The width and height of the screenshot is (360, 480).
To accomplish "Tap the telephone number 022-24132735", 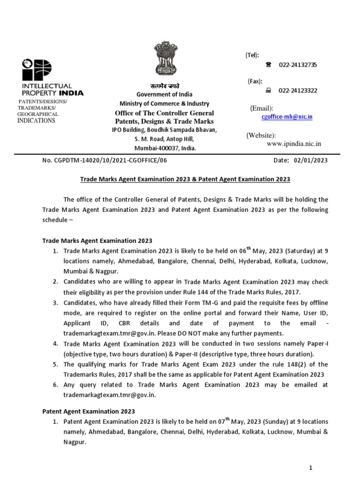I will [298, 65].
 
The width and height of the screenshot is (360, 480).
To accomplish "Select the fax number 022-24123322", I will [298, 90].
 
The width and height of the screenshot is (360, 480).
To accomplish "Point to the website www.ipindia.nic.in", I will [294, 144].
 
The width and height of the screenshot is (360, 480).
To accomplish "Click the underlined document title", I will [185, 179].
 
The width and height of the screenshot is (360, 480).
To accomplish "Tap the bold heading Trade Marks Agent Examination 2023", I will [97, 240].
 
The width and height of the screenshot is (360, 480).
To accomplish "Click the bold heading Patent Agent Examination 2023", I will [88, 411].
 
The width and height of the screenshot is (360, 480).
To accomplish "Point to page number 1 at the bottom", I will [310, 467].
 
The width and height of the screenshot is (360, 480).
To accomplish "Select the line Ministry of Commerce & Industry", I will [164, 104].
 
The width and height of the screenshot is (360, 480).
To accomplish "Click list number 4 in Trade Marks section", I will [55, 344].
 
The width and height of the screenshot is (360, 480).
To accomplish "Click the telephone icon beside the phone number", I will [269, 65].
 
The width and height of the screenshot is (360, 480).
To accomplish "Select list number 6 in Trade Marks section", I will [55, 385].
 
